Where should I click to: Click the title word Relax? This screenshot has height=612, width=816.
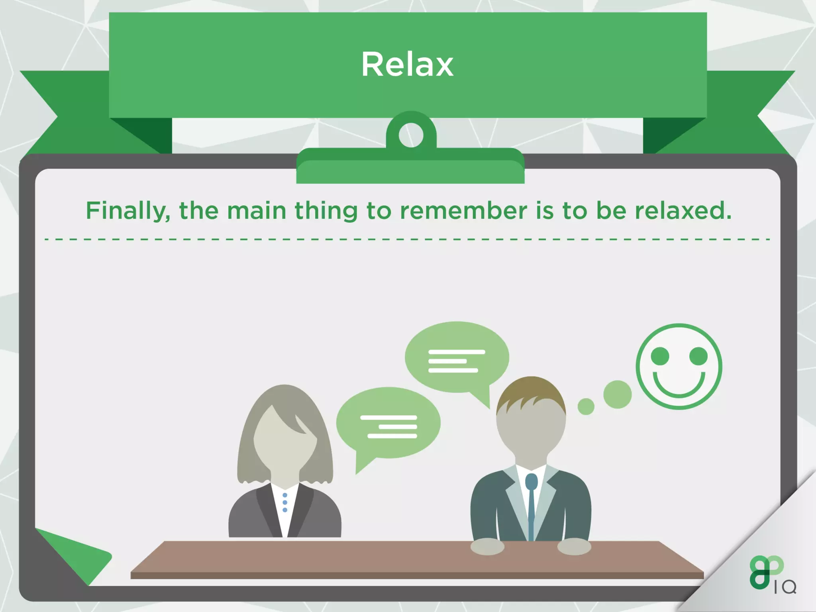click(x=407, y=65)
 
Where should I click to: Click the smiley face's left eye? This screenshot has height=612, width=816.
click(x=660, y=356)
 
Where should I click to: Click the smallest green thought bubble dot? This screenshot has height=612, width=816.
click(x=586, y=406)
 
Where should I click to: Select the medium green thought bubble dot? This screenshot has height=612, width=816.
click(x=617, y=394)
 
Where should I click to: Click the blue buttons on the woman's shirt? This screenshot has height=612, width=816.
click(x=285, y=502)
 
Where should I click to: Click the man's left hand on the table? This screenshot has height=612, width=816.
click(x=487, y=547)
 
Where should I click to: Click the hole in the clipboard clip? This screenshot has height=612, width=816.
click(x=411, y=135)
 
